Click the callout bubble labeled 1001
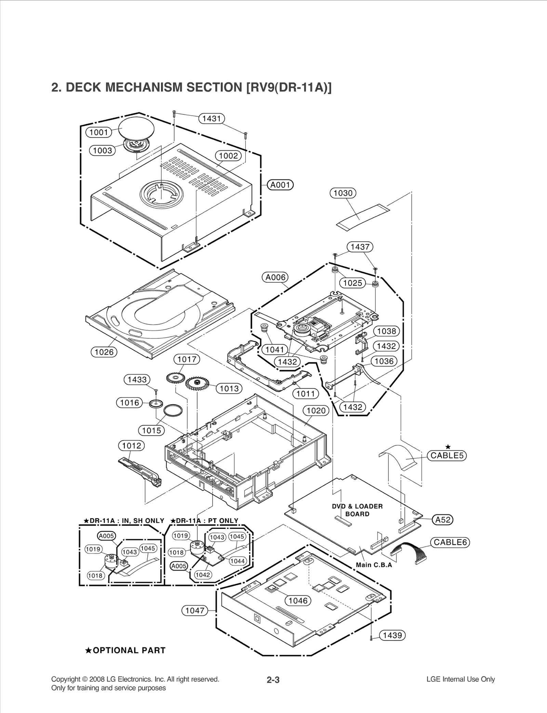click(x=98, y=132)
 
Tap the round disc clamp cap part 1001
click(x=137, y=128)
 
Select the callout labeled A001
click(x=280, y=185)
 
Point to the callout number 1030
click(x=343, y=193)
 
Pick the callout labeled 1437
click(x=360, y=247)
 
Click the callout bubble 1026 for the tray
click(x=104, y=352)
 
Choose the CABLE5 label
click(x=447, y=456)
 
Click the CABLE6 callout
click(x=450, y=543)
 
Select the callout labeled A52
click(x=443, y=520)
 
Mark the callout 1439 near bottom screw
click(x=392, y=636)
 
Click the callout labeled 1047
click(x=195, y=610)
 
